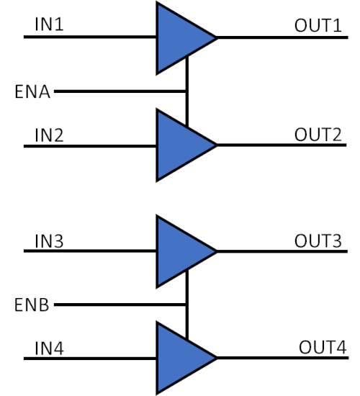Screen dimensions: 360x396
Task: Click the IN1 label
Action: pos(49,24)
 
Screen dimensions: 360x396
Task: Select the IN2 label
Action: pos(49,135)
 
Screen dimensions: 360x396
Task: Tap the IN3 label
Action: pos(49,241)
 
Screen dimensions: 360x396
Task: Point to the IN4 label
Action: pos(49,348)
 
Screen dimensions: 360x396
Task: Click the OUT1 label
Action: pos(318,25)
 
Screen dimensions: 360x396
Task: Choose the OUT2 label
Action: pos(318,135)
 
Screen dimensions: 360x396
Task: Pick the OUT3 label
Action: pos(318,240)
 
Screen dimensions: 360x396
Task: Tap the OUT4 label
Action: pos(323,347)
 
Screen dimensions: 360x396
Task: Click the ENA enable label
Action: pos(32,92)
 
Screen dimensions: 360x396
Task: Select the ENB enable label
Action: pos(32,305)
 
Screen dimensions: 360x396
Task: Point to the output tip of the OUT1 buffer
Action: pos(217,38)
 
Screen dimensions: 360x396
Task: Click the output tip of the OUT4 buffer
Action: pos(217,358)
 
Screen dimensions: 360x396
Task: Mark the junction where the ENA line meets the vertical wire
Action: pos(187,91)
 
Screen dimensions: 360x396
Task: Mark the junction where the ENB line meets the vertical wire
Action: pos(187,305)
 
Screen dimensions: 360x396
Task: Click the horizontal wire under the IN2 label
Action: pos(90,146)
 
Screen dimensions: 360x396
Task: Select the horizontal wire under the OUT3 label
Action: pos(282,251)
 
